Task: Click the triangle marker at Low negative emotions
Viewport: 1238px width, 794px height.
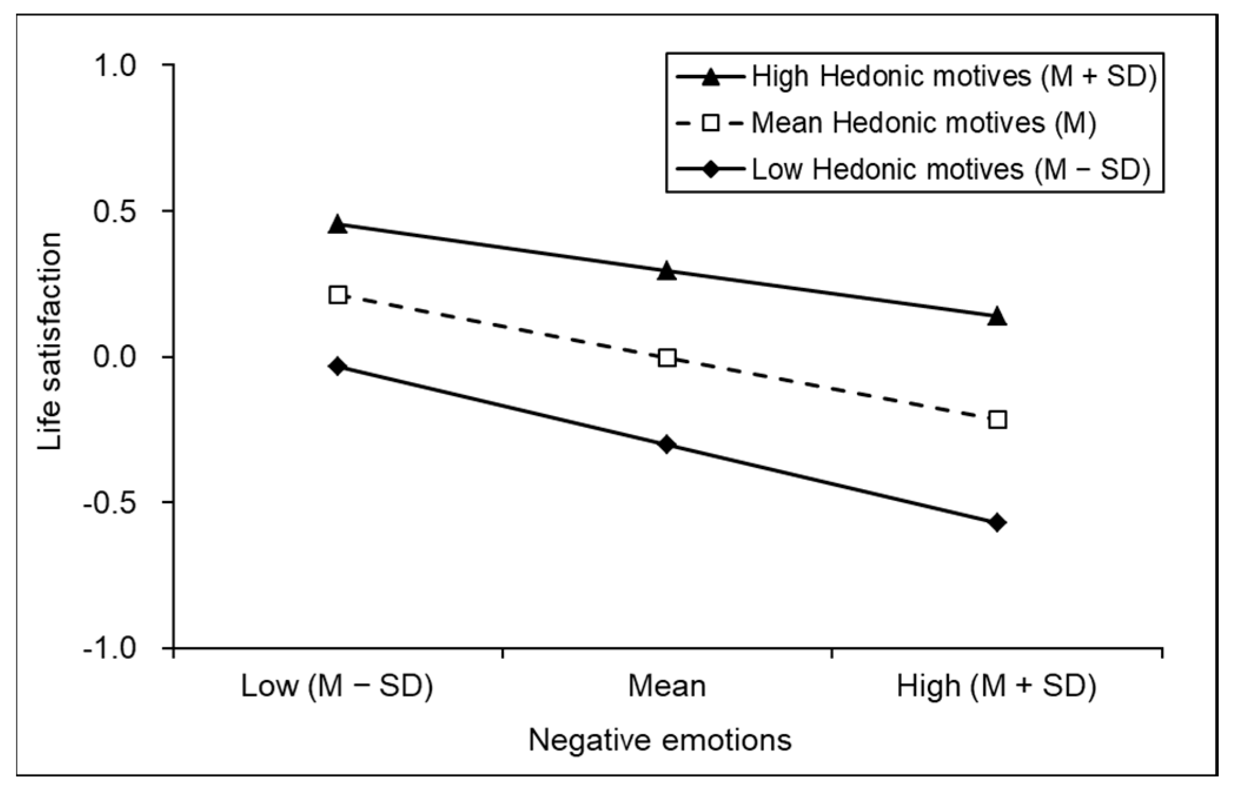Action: [337, 224]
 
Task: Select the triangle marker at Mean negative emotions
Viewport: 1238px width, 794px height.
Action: [667, 271]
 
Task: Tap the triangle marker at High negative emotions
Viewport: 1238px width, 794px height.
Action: [997, 317]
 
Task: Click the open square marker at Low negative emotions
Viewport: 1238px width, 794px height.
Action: [337, 295]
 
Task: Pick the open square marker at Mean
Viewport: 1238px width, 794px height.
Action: [667, 357]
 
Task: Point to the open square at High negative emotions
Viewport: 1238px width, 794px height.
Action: [997, 420]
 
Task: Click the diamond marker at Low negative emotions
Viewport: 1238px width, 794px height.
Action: [337, 366]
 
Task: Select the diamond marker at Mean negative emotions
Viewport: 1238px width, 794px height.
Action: [667, 444]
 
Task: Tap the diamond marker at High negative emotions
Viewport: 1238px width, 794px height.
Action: [997, 522]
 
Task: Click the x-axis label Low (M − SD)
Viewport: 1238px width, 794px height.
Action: [337, 686]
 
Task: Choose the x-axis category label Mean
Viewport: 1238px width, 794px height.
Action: [667, 686]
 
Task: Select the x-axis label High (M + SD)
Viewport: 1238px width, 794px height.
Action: [996, 686]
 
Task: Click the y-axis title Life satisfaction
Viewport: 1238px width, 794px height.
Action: [50, 341]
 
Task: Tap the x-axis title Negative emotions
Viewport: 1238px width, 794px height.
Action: [660, 740]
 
